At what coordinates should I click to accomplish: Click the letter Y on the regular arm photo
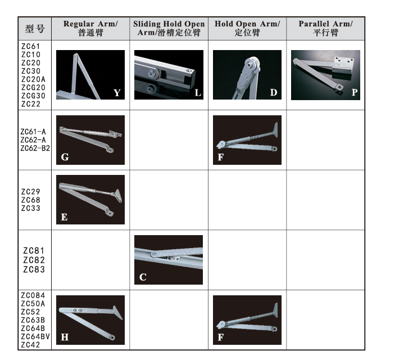[x=117, y=93]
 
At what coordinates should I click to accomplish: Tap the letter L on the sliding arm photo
[x=198, y=93]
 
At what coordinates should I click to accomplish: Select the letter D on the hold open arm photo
[x=274, y=92]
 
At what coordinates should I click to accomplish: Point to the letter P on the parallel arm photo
[x=355, y=92]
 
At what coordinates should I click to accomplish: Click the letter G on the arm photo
[x=65, y=157]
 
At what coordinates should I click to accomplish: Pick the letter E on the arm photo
[x=64, y=217]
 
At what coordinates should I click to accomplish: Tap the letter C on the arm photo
[x=143, y=277]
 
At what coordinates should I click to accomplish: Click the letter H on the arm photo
[x=65, y=337]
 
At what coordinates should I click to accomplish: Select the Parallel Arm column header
[x=325, y=28]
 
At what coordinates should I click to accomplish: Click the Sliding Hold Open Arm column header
[x=169, y=28]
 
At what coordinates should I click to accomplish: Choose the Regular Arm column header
[x=90, y=28]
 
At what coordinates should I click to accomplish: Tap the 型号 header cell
[x=35, y=29]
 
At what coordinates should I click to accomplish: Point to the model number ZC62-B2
[x=35, y=148]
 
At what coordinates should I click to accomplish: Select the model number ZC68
[x=30, y=200]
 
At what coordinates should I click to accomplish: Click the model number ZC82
[x=34, y=260]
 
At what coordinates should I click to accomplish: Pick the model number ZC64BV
[x=35, y=336]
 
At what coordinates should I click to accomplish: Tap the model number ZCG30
[x=33, y=96]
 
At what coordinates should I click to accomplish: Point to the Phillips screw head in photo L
[x=152, y=74]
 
